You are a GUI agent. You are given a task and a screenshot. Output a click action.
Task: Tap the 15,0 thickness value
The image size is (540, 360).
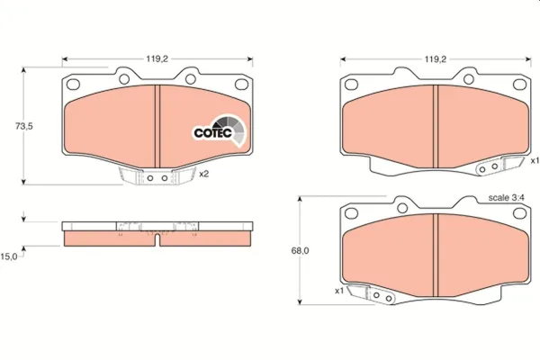point(9,256)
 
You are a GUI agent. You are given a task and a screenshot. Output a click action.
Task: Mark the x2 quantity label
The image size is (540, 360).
point(204,174)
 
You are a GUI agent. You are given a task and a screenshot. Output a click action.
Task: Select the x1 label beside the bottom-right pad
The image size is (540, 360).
point(339,291)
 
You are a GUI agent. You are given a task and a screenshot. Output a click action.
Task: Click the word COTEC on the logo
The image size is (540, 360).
point(214,133)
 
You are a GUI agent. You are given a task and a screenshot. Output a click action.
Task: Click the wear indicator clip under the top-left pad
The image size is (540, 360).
point(157,177)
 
